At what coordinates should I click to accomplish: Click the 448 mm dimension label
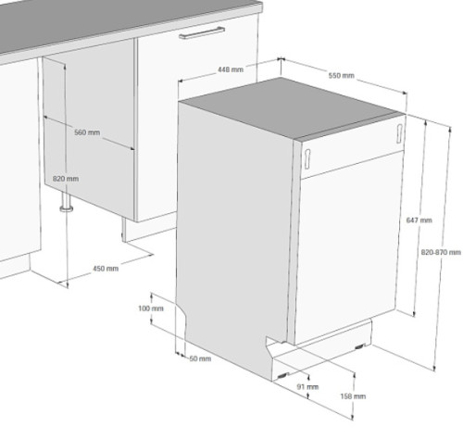pos(231,69)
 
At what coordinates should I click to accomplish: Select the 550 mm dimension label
pos(341,75)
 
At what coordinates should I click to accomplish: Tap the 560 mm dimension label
pos(87,132)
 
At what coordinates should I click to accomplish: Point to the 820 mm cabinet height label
pos(66,179)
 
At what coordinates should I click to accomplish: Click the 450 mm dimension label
pos(106,269)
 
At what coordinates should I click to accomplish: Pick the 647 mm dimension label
pos(419,220)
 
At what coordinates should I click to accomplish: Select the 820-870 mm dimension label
pos(441,252)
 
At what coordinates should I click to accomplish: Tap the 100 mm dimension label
pos(151,308)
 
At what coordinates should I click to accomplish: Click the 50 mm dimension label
pos(200,358)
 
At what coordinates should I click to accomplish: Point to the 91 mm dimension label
pos(307,386)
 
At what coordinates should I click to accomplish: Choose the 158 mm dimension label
pos(353,396)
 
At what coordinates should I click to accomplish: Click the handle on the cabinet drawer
pos(202,32)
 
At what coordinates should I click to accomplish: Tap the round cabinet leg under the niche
pos(66,202)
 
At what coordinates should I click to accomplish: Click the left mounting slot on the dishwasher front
pos(307,158)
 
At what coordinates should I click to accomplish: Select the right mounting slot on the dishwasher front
pos(399,133)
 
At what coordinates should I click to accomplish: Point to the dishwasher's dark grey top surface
pos(292,107)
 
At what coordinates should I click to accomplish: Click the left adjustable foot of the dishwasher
pos(282,376)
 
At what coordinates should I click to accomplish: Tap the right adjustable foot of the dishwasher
pos(360,346)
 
